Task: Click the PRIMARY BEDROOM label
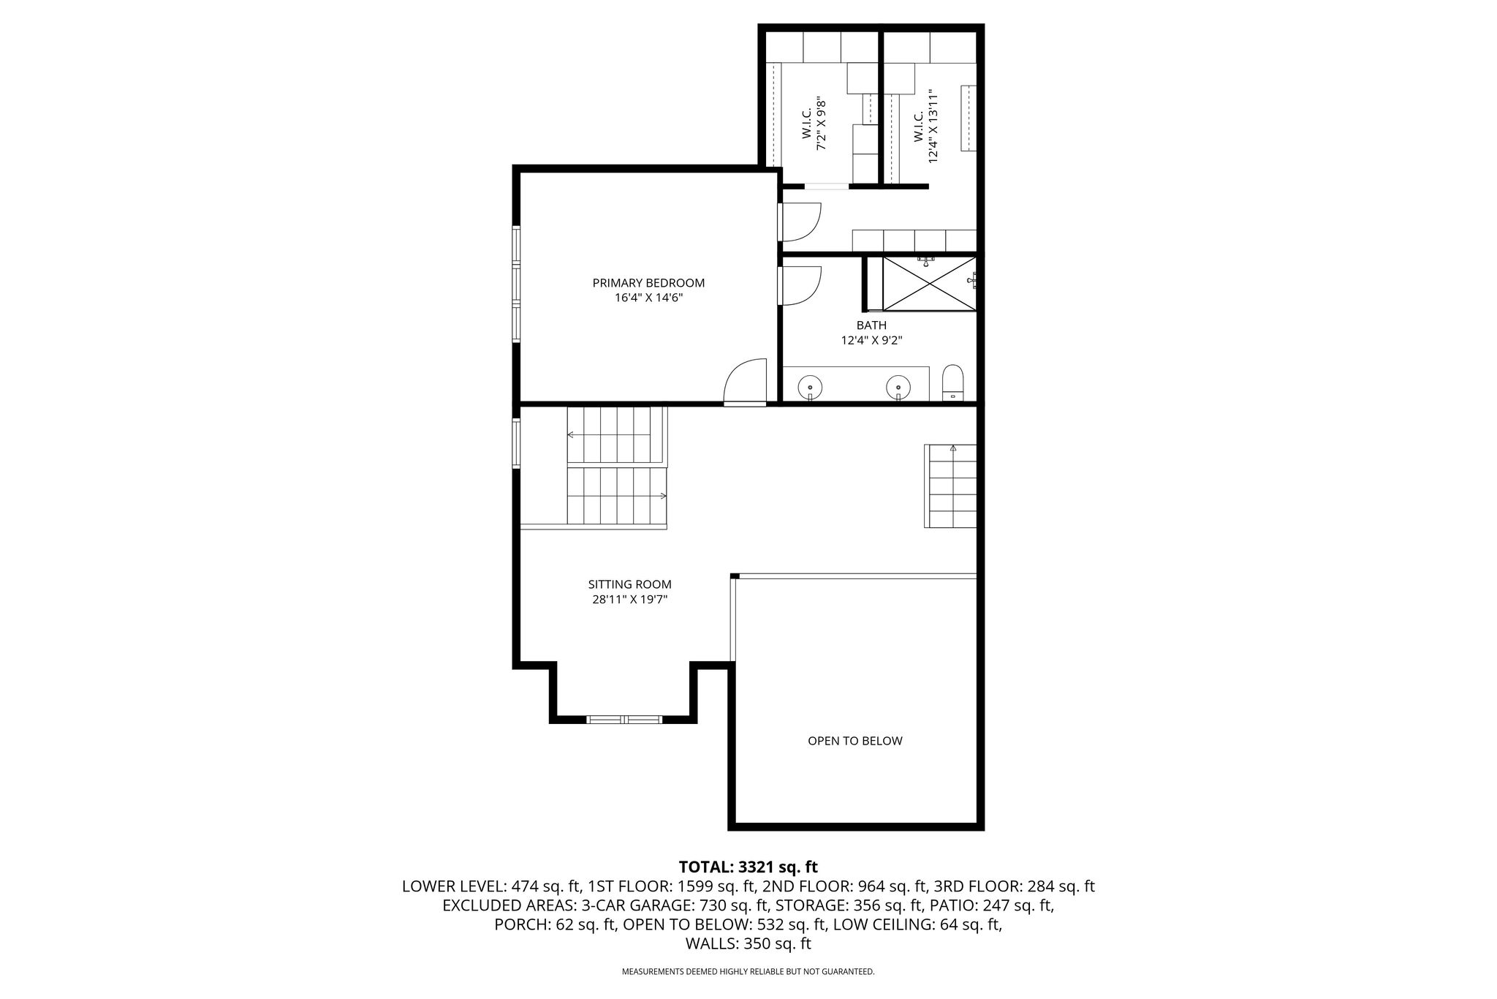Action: [x=648, y=283]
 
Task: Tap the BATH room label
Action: [x=871, y=325]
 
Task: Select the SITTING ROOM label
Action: [x=629, y=584]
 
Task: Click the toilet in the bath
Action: [x=953, y=383]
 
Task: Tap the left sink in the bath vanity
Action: [x=810, y=386]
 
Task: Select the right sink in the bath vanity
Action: [x=898, y=386]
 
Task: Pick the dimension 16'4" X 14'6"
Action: [x=648, y=298]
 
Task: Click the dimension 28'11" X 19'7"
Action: [x=629, y=600]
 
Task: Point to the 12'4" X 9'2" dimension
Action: [x=871, y=340]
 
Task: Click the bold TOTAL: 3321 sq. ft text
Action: [x=748, y=867]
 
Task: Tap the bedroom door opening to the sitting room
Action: [x=745, y=381]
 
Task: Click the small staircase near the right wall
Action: [x=950, y=486]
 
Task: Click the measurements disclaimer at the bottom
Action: [x=748, y=972]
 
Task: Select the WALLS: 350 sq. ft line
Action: [x=748, y=944]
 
